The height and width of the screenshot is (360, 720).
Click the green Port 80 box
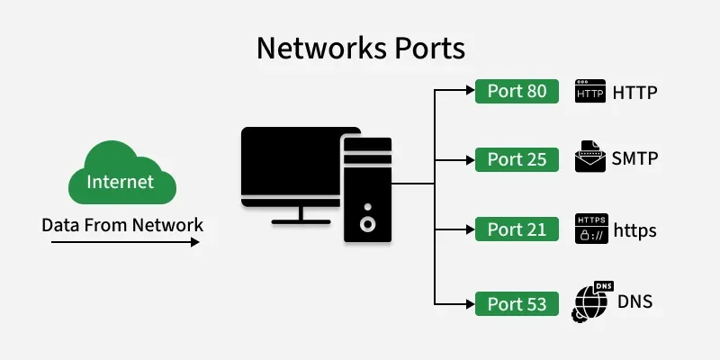pos(517,91)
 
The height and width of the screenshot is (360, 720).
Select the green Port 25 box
pos(517,159)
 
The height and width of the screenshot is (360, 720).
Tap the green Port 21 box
pos(517,229)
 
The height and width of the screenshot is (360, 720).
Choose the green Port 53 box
pos(517,303)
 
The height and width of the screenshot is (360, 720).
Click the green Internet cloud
pos(120,178)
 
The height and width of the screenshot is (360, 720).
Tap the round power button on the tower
pos(366,222)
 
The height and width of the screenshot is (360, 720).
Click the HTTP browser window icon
pos(589,91)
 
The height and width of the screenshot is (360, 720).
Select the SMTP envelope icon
pos(589,157)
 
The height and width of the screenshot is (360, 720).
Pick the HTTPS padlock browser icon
pos(589,229)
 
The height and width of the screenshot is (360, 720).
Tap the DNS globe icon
pos(589,303)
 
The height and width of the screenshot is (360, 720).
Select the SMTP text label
pos(634,159)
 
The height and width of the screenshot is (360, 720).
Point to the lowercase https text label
pos(634,230)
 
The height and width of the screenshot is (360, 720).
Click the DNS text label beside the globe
pos(634,301)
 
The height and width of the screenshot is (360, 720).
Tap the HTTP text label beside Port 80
pos(635,92)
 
